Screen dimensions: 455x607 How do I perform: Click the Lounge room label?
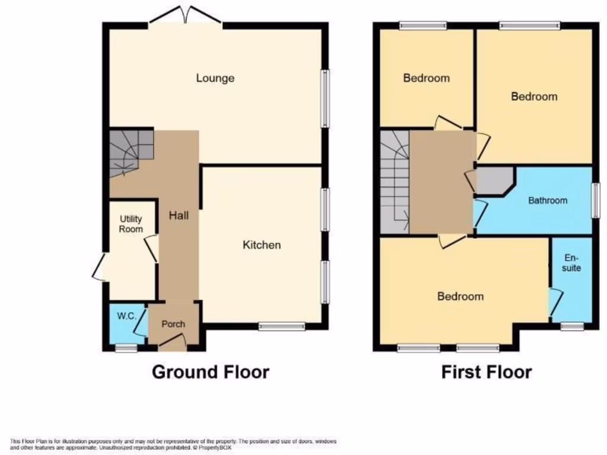pyautogui.click(x=215, y=78)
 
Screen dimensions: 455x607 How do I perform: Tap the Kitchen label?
pyautogui.click(x=261, y=245)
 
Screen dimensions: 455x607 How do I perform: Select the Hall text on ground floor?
pyautogui.click(x=178, y=216)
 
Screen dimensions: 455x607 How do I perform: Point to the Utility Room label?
pyautogui.click(x=131, y=224)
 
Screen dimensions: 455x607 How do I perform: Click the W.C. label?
pyautogui.click(x=127, y=316)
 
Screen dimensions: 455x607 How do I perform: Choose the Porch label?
pyautogui.click(x=173, y=324)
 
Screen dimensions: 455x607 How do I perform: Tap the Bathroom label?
pyautogui.click(x=547, y=200)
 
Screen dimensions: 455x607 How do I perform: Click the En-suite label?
pyautogui.click(x=571, y=263)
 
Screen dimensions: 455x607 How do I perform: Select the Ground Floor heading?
pyautogui.click(x=210, y=372)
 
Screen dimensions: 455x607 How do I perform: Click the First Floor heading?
pyautogui.click(x=486, y=372)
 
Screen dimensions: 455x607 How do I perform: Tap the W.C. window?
pyautogui.click(x=126, y=348)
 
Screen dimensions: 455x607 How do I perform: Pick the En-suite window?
pyautogui.click(x=572, y=325)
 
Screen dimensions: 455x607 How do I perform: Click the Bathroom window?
pyautogui.click(x=595, y=200)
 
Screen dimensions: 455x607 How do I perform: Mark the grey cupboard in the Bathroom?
pyautogui.click(x=493, y=181)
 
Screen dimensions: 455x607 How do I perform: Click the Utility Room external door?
pyautogui.click(x=100, y=266)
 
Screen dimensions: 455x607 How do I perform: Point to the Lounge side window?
pyautogui.click(x=325, y=98)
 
